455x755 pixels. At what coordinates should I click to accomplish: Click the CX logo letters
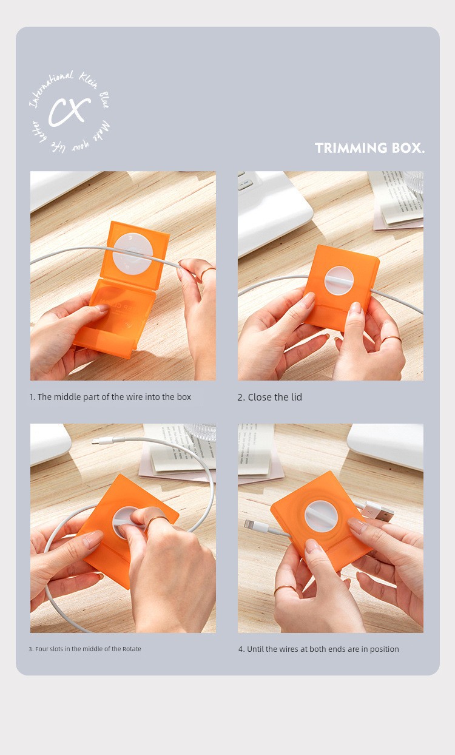(x=69, y=112)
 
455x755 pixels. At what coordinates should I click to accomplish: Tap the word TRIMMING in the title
(x=351, y=148)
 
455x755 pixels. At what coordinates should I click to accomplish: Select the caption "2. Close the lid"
(x=269, y=398)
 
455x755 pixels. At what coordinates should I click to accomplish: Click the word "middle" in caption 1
(x=67, y=397)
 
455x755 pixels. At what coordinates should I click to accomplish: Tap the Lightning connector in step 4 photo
(x=254, y=526)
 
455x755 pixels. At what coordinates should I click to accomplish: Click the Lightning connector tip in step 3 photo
(x=95, y=441)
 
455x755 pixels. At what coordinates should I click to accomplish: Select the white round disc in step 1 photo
(x=133, y=254)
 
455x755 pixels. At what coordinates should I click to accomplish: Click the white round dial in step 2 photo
(x=339, y=280)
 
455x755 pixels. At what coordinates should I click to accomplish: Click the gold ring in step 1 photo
(x=207, y=272)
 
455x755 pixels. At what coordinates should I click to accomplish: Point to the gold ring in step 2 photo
(x=392, y=339)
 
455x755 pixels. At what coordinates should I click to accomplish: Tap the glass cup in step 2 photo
(x=413, y=181)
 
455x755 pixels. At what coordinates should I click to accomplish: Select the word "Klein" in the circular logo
(x=89, y=81)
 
